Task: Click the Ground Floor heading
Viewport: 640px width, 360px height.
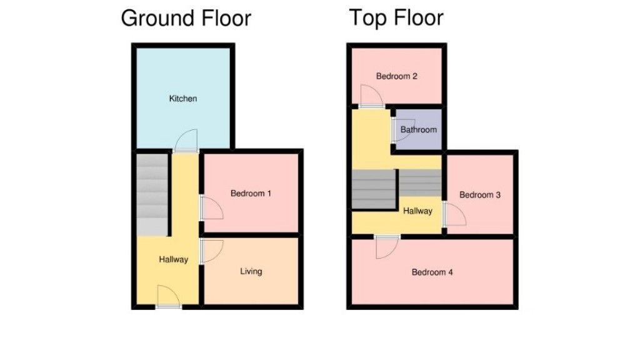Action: tap(186, 18)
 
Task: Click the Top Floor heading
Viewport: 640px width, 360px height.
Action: tap(396, 17)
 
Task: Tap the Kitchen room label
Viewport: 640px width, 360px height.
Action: tap(183, 99)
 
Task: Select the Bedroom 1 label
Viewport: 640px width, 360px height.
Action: tap(251, 194)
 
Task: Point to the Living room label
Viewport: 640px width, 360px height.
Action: tap(251, 271)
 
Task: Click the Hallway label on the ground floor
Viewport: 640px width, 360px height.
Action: tap(173, 259)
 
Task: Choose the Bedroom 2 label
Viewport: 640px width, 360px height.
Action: tap(396, 76)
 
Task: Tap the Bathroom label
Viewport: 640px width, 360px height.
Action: tap(418, 130)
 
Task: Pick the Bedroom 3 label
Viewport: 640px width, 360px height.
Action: tap(479, 195)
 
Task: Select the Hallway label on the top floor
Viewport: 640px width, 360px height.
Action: tap(417, 211)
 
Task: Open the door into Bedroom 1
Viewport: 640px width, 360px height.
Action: tap(211, 207)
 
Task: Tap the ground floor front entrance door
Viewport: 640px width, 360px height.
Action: tap(168, 297)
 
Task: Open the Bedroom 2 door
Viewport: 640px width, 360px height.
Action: tap(372, 97)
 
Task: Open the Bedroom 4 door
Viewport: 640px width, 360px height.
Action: tap(387, 247)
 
